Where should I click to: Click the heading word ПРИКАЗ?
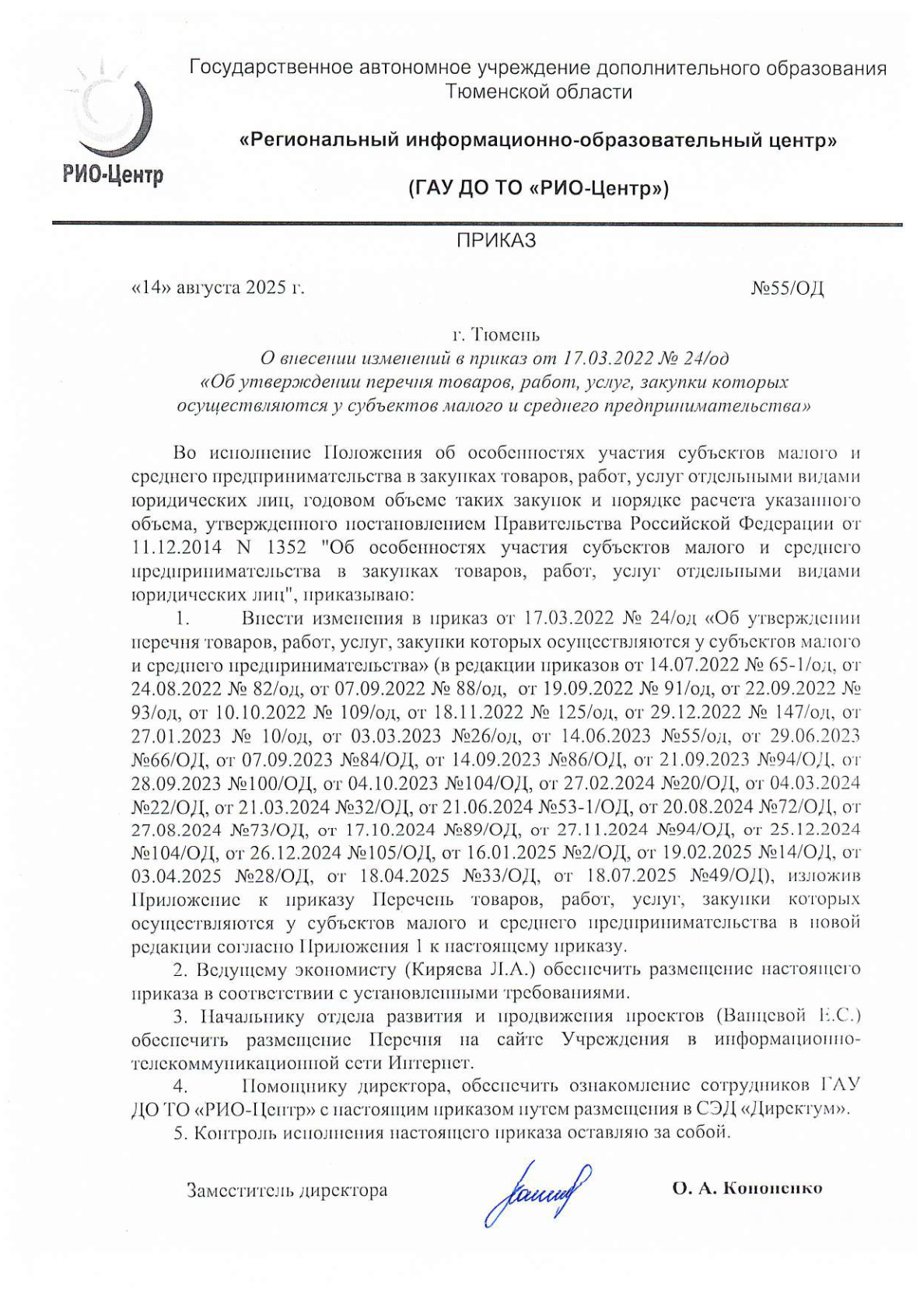point(495,241)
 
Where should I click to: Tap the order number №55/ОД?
point(786,288)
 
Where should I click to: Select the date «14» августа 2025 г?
point(218,288)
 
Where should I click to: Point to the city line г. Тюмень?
point(495,335)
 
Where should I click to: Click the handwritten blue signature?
point(536,1190)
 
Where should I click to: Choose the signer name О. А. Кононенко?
point(747,1188)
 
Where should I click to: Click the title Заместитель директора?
point(286,1190)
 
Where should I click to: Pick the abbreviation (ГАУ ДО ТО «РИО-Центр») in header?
point(538,189)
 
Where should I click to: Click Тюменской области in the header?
point(538,92)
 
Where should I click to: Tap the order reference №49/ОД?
point(726,876)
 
